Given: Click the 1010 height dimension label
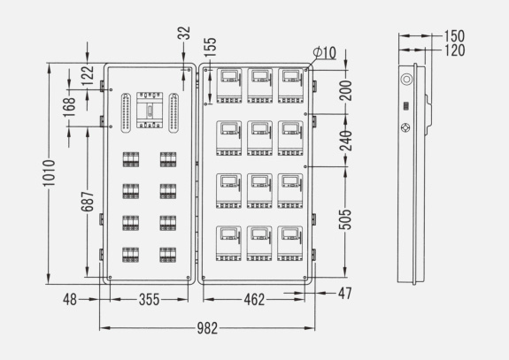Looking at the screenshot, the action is (x=49, y=172).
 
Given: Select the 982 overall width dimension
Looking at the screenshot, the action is (x=207, y=328).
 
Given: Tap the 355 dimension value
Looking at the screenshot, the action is (x=150, y=299).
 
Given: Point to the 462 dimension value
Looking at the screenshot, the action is (x=254, y=300).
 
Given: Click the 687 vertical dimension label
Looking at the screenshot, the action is (x=88, y=202).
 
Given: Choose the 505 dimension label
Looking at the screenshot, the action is (x=345, y=219).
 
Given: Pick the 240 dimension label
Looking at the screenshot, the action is (x=346, y=141).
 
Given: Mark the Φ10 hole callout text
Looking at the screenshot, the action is (x=324, y=52).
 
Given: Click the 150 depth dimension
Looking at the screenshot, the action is (x=454, y=36).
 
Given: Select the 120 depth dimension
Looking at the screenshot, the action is (x=454, y=50).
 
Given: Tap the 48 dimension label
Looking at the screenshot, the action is (x=70, y=299).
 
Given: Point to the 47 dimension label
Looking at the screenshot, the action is (x=344, y=293).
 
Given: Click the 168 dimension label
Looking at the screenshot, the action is (x=69, y=107).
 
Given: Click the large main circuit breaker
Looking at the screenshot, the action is (x=150, y=110).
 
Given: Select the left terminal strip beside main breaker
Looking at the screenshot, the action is (x=126, y=113).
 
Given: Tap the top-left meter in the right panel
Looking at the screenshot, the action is (x=229, y=86).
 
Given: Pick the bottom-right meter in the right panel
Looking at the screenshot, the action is (x=290, y=243).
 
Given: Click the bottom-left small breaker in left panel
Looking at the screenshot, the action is (x=130, y=255).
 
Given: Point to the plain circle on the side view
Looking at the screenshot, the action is (x=406, y=79).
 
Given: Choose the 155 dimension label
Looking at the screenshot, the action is (x=211, y=47).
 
